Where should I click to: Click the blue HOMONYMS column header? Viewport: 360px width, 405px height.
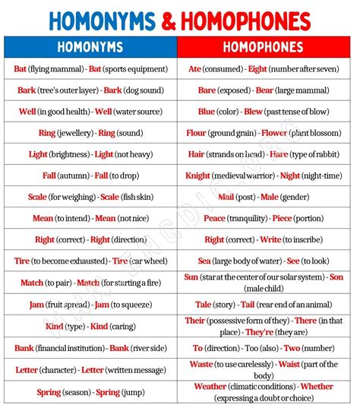90,47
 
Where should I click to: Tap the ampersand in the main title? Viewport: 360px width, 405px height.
180,20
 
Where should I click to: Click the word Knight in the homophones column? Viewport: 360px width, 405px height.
198,176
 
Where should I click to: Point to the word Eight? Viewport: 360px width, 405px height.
258,68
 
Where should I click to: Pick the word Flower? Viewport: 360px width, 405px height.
276,133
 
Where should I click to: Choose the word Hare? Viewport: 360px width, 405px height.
279,154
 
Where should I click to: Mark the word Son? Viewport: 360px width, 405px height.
336,277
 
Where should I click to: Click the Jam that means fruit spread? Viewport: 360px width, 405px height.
36,304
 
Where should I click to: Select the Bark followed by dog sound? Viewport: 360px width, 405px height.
113,90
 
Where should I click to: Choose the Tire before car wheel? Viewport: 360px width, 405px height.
120,261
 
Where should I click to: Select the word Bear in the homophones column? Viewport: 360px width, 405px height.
265,90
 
